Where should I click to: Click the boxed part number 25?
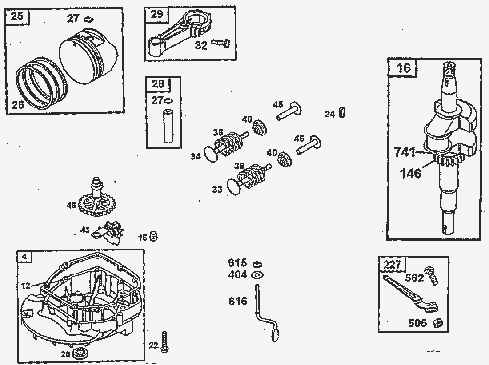coord(16,17)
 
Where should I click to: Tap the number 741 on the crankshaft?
coord(405,152)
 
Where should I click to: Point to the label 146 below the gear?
coord(410,173)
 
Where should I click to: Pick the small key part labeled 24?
coord(341,113)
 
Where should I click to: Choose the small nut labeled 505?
coord(437,323)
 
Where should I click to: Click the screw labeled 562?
coord(431,276)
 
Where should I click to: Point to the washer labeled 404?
coord(257,275)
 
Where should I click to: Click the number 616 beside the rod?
coord(237,302)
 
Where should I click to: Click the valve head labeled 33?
coord(234,187)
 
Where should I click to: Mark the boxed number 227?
coord(393,265)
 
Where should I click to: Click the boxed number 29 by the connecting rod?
coord(157,14)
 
